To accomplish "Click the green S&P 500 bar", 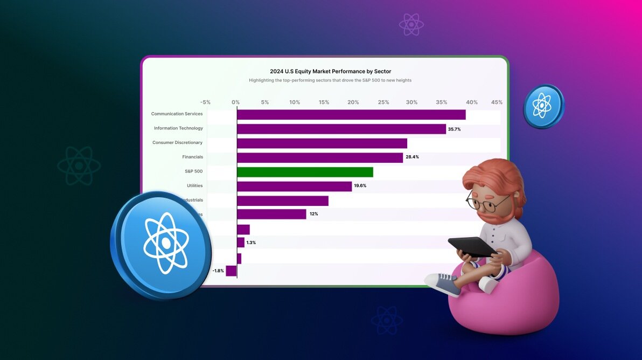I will click(x=305, y=172).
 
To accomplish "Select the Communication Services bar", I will click(x=351, y=114).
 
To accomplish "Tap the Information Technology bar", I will click(x=341, y=129).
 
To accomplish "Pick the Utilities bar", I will click(x=294, y=186).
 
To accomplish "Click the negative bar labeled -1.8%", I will click(x=231, y=271).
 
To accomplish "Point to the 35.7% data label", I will click(x=455, y=129).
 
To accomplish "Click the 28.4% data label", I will click(x=412, y=157).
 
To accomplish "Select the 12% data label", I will click(x=313, y=214).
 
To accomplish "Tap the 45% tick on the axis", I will click(x=497, y=102).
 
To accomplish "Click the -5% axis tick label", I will click(x=205, y=102).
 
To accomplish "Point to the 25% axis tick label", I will click(x=383, y=102).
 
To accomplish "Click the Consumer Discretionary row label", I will click(x=177, y=143).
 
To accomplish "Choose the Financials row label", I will click(x=192, y=157).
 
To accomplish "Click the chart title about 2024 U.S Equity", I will click(x=330, y=71).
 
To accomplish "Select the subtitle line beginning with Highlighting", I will click(x=330, y=80).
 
